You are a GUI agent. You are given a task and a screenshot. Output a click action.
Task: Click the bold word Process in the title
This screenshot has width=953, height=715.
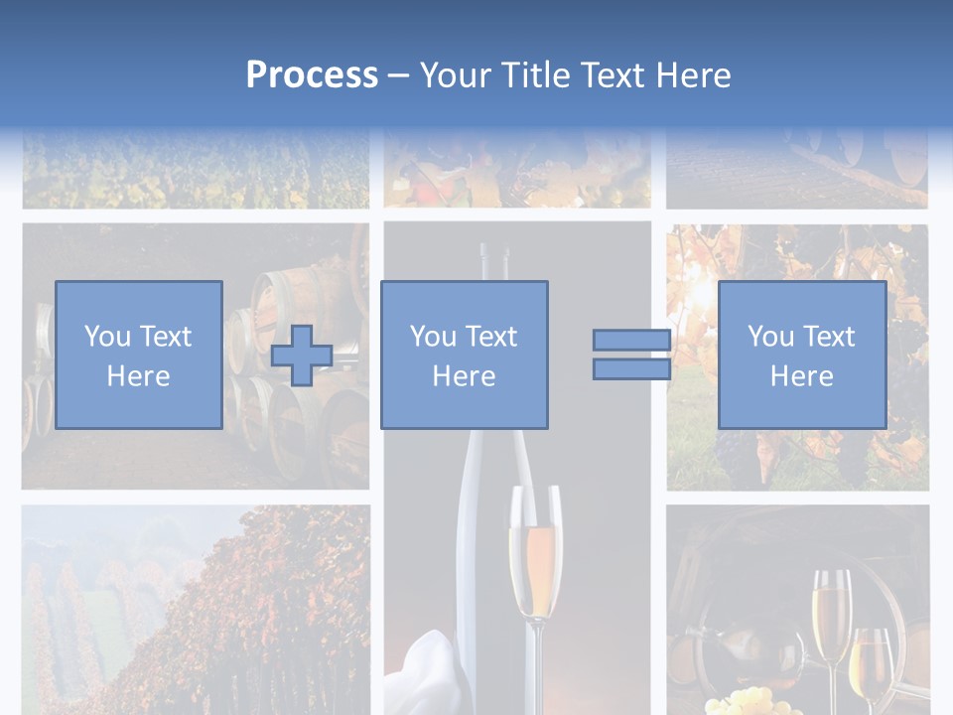click(312, 75)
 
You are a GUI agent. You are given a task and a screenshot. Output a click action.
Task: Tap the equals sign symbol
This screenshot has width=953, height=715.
click(631, 355)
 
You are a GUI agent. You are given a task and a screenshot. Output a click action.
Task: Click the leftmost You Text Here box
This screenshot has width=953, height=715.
click(139, 355)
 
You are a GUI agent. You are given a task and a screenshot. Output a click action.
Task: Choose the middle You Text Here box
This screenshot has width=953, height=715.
click(465, 355)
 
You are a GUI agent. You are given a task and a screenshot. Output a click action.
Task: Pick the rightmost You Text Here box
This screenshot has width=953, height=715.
click(802, 355)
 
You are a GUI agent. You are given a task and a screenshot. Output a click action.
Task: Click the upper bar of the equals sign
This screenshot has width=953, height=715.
click(631, 340)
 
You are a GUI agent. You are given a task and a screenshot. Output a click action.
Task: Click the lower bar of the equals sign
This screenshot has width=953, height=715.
click(631, 369)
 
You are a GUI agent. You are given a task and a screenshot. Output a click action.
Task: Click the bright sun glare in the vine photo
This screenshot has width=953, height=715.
click(707, 293)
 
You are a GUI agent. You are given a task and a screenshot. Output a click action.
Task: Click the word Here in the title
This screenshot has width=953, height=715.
click(694, 75)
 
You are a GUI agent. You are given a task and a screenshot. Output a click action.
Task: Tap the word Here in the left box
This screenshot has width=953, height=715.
click(139, 376)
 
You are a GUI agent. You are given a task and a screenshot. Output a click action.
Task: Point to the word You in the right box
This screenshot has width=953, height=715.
click(768, 337)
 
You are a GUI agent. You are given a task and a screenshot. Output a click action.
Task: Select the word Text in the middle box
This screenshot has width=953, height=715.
click(490, 337)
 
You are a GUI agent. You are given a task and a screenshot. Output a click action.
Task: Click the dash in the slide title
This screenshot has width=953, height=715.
click(399, 75)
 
